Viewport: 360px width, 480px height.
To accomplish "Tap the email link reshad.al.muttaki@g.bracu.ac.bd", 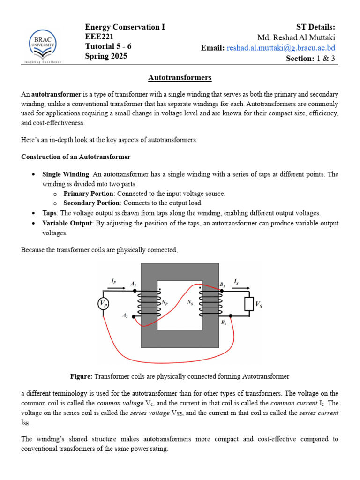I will click(281, 48).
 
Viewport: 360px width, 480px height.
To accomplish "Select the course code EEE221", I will click(99, 37).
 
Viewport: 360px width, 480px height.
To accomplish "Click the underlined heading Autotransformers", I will click(180, 77).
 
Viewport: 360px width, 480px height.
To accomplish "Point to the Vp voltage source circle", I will click(104, 304).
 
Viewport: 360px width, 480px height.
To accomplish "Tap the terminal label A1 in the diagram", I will click(133, 285).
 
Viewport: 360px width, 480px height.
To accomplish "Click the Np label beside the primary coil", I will click(165, 303).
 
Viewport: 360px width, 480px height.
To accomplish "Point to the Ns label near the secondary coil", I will click(190, 303).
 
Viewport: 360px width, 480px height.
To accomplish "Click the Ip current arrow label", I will click(114, 281).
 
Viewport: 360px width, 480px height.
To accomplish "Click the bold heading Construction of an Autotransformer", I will click(75, 157).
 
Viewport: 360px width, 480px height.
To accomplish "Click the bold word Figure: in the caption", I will click(82, 376).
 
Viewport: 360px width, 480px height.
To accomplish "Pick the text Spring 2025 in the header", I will click(106, 56).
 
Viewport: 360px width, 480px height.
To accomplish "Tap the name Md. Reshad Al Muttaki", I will click(296, 37).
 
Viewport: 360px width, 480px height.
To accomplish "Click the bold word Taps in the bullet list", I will click(49, 213).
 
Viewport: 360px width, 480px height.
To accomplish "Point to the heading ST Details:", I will click(315, 27).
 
